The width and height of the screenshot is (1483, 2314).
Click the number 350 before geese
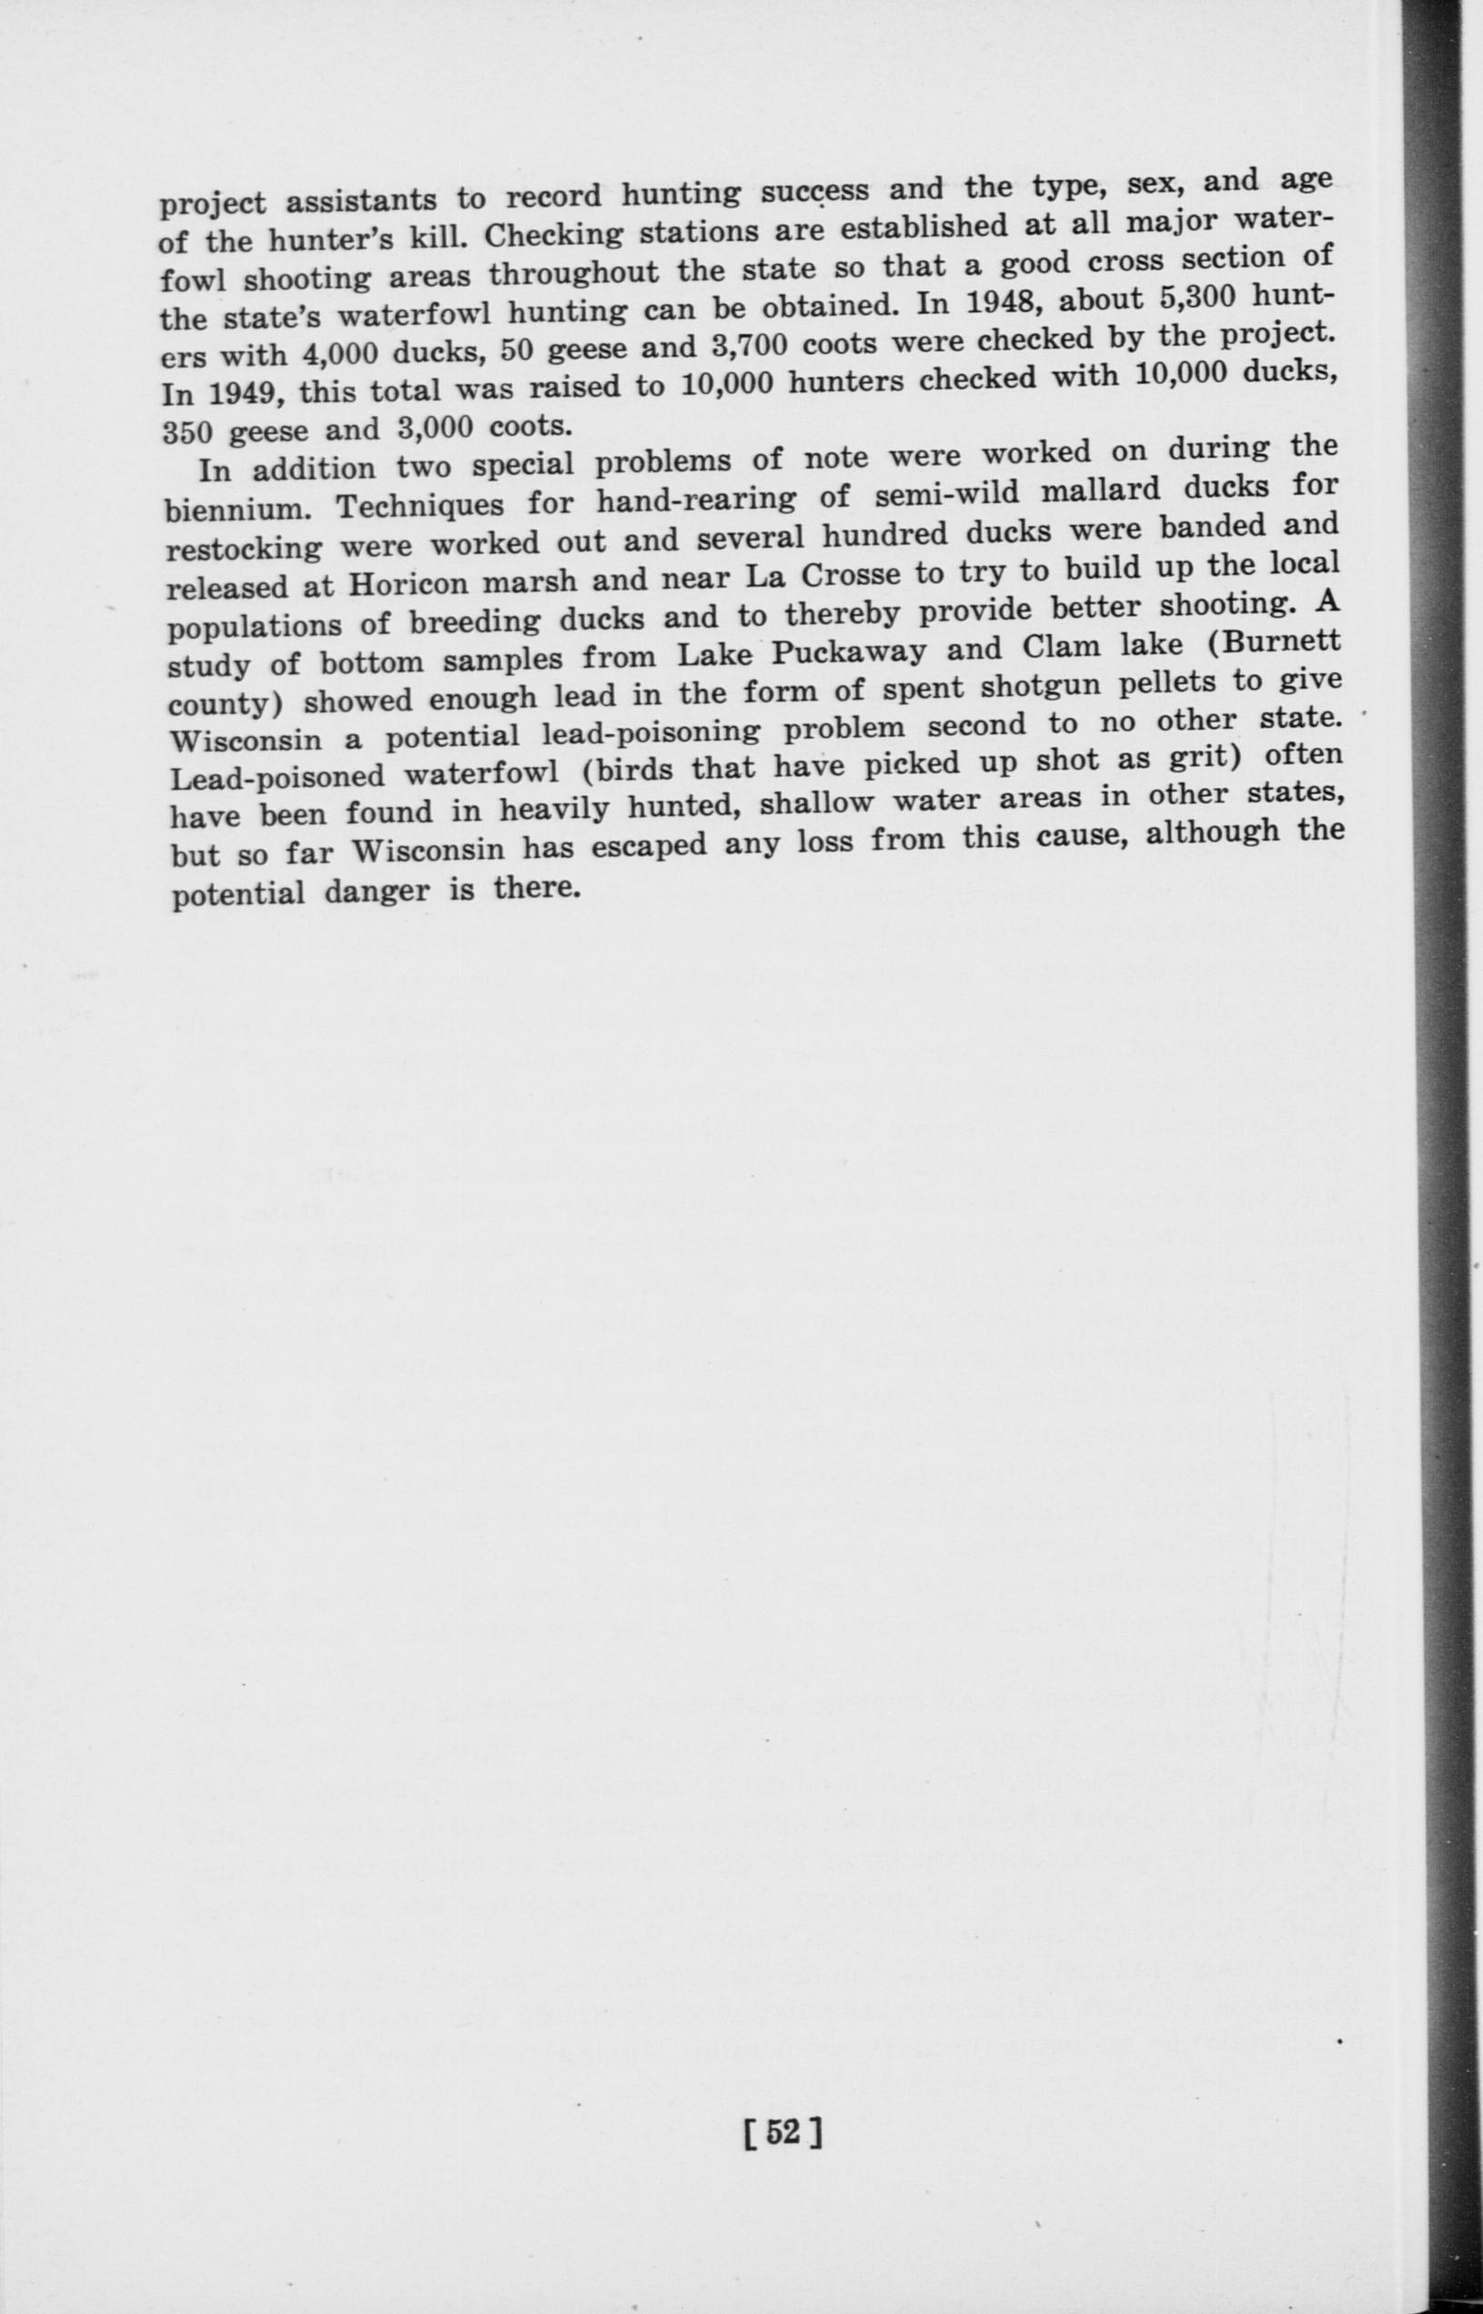point(191,432)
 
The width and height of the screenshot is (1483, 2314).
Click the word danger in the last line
point(377,893)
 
